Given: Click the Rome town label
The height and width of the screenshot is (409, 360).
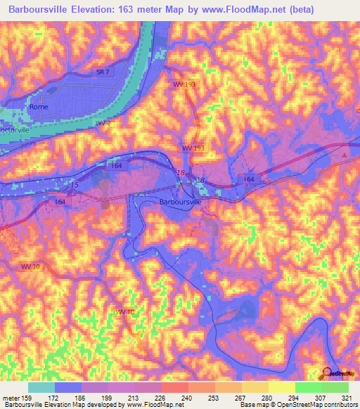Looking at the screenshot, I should (x=38, y=107).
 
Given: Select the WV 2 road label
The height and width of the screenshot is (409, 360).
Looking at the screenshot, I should (x=103, y=123).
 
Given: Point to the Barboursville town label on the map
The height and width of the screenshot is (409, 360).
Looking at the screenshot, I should (x=181, y=202).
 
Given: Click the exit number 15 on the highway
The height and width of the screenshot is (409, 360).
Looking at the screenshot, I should (x=75, y=184).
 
